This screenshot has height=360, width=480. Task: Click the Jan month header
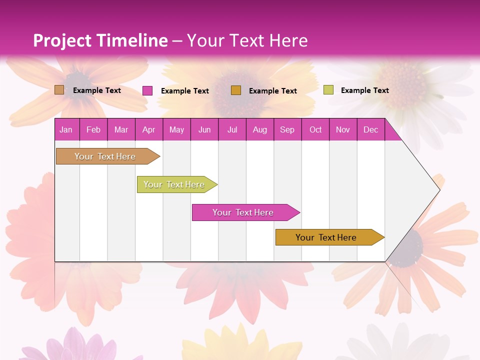point(66,129)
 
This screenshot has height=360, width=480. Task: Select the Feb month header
point(93,129)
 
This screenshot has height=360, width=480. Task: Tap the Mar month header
point(121,129)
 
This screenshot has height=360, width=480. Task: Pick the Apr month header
point(149,129)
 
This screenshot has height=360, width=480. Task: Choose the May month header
point(176,129)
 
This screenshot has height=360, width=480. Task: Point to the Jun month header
point(204,129)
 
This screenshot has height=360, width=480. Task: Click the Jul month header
point(232,129)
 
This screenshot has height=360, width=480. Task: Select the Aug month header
point(260,129)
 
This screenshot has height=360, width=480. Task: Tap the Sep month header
point(287,129)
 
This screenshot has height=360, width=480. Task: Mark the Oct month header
point(315,129)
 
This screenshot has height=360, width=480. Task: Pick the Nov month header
point(343,129)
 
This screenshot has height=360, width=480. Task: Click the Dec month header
point(371,129)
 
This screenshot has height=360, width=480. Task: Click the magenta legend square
point(147,90)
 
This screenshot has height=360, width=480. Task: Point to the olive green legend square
point(328,90)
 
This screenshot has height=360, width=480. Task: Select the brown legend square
point(59,90)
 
